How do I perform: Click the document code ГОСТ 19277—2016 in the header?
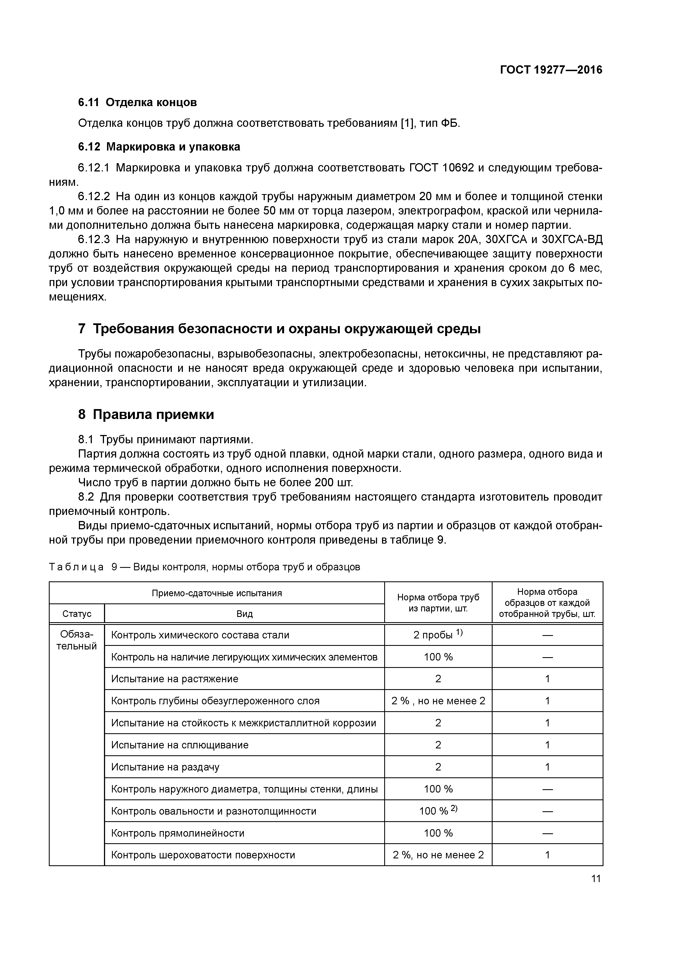[551, 70]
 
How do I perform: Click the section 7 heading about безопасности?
[279, 329]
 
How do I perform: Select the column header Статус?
[77, 614]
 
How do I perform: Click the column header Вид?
[244, 614]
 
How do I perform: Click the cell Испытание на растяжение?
[175, 679]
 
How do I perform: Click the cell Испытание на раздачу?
[165, 767]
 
